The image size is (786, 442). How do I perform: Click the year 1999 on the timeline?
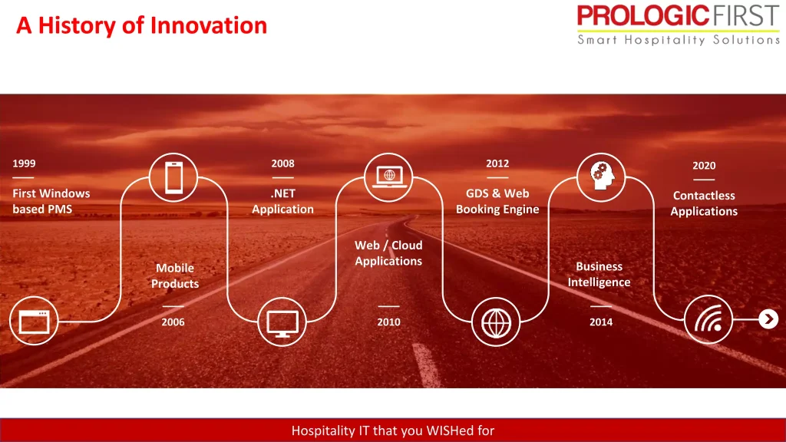point(24,163)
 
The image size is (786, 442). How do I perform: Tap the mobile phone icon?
point(174,177)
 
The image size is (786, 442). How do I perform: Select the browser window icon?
point(34,322)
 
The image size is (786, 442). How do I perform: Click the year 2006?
point(173,322)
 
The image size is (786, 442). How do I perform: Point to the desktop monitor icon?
point(282,324)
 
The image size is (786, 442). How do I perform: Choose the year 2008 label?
point(282,163)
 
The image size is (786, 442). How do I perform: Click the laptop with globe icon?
point(389,176)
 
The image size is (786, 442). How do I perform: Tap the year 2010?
point(388,322)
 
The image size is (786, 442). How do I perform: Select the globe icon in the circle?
point(497,323)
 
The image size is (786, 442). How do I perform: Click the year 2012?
point(497,163)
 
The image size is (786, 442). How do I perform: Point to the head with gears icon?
point(602,176)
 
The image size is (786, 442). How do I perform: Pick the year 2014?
point(600,322)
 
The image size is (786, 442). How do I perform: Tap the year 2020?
point(704,166)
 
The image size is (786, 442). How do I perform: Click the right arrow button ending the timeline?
point(768,319)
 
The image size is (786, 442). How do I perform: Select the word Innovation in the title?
point(209,25)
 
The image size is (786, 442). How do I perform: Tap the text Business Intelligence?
point(599,274)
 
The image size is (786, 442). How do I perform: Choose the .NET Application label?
point(282,202)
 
